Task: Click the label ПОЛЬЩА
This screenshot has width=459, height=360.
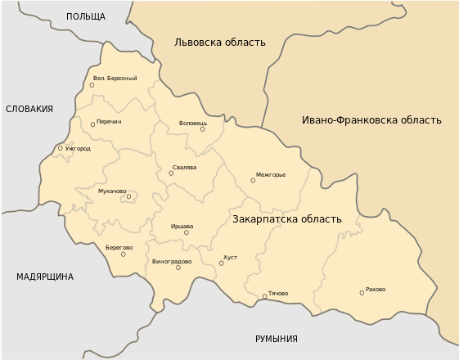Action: point(86,16)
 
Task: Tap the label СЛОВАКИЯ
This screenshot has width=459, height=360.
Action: point(29,109)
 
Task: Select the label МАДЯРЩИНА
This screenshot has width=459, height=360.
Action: point(45,277)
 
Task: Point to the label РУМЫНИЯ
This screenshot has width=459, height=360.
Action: point(276,339)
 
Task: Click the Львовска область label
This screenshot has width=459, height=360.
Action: point(220,43)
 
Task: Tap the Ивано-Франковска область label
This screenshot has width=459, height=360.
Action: point(371,119)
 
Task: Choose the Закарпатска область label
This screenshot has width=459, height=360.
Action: point(287,219)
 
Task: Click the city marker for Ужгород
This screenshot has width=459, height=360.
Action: point(60,148)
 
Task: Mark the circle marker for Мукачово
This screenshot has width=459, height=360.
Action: point(128,196)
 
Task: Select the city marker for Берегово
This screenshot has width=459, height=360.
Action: point(124,254)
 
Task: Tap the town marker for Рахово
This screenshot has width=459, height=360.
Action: point(362,293)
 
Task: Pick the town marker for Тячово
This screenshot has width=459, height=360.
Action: point(264,296)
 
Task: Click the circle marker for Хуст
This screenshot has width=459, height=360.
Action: point(221,263)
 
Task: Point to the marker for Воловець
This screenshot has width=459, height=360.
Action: point(202,129)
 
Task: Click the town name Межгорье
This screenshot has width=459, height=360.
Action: point(271,174)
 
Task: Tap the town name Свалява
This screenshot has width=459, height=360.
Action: point(185,168)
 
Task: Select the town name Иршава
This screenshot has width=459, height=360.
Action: point(182,226)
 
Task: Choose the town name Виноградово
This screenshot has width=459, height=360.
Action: point(172,262)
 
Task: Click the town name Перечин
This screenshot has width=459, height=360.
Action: point(109,122)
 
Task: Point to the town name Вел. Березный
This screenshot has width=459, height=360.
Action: point(115,79)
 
